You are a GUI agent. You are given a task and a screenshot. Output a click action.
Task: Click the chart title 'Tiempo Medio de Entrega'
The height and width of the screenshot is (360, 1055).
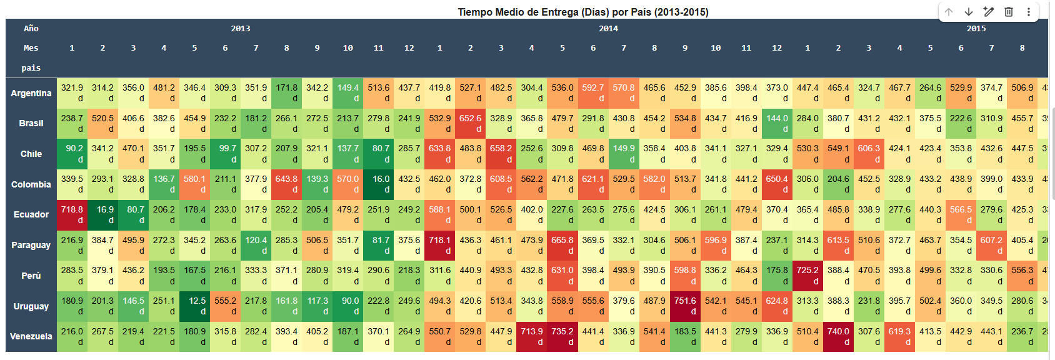click(582, 12)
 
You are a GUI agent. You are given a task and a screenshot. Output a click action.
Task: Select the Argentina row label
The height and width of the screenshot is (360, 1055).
click(31, 93)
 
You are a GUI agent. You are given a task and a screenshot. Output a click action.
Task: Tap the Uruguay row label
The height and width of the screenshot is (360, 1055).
click(31, 306)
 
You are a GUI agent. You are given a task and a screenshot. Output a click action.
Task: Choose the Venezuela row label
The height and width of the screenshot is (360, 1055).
click(31, 336)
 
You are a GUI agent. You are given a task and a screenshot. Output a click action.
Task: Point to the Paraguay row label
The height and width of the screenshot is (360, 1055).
click(31, 245)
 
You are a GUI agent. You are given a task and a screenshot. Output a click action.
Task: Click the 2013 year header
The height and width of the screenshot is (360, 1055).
click(241, 29)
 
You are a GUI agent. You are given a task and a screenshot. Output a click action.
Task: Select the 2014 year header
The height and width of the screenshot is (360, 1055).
click(608, 29)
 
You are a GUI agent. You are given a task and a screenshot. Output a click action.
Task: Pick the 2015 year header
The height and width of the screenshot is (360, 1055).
click(976, 29)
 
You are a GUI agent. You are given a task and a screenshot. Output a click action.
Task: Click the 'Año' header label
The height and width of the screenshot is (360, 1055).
click(31, 29)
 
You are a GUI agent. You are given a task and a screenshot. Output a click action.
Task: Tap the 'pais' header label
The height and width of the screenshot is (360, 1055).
click(31, 68)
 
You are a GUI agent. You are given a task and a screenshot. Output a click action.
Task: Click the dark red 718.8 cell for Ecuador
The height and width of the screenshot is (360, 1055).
click(72, 215)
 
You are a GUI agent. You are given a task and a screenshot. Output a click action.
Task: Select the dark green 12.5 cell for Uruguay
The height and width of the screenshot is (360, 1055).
click(194, 306)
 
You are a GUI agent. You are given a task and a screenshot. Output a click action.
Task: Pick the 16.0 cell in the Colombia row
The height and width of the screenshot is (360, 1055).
click(378, 184)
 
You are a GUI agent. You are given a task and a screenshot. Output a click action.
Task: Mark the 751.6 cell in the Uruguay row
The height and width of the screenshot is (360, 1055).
click(685, 306)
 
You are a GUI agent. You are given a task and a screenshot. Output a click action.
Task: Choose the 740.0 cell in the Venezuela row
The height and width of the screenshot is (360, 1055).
click(838, 336)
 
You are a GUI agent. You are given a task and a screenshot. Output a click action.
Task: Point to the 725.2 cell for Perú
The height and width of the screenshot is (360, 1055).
click(807, 276)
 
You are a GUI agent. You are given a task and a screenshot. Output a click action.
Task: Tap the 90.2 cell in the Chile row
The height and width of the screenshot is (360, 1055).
click(72, 154)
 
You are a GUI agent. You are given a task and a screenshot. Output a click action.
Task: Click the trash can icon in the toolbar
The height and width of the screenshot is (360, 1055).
click(1009, 12)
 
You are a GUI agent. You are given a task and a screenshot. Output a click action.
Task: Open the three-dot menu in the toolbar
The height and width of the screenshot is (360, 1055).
click(1029, 12)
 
